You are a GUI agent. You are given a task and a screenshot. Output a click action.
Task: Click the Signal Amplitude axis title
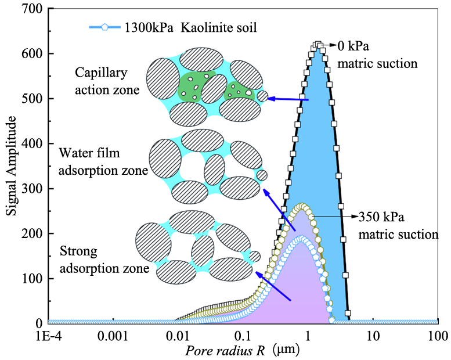11,165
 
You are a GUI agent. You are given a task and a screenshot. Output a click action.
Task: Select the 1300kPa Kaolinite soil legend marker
103,27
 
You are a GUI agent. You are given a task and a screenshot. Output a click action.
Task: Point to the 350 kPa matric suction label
398,226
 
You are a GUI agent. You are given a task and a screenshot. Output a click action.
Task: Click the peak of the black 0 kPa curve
317,44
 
